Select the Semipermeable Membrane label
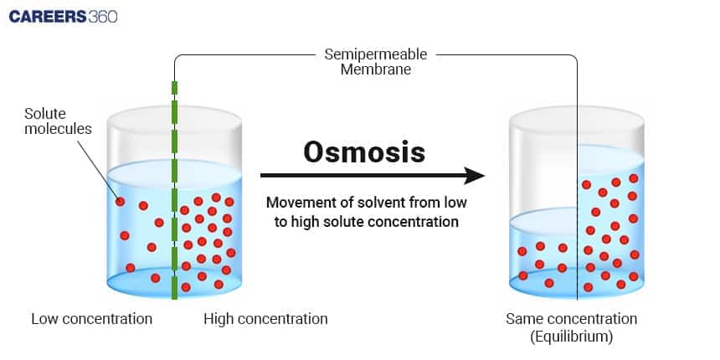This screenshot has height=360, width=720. tap(375, 62)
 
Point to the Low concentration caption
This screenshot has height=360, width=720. tap(92, 319)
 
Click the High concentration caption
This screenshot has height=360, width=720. tap(265, 319)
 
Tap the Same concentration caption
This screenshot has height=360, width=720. tap(571, 319)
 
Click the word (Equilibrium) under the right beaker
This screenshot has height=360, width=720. tap(571, 337)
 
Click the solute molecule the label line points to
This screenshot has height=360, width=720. tap(120, 202)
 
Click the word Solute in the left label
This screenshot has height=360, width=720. tap(44, 113)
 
